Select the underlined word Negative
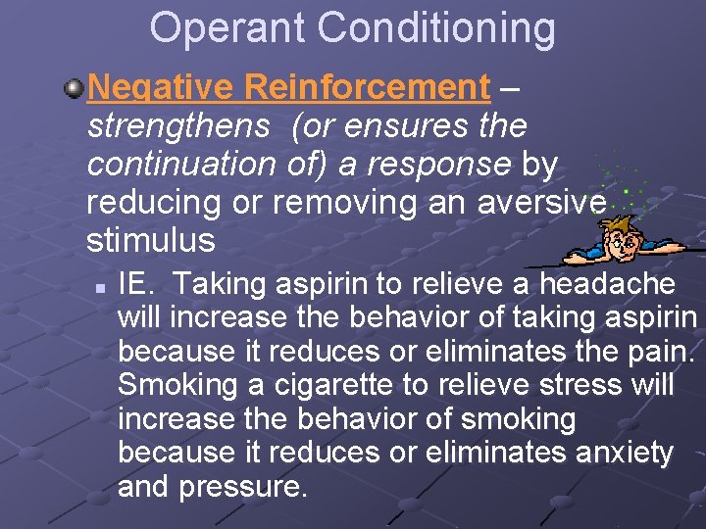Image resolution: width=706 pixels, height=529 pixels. click(x=160, y=87)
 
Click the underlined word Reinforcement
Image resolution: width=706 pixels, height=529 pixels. click(x=367, y=87)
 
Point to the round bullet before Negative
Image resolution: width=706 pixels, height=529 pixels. click(x=74, y=88)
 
